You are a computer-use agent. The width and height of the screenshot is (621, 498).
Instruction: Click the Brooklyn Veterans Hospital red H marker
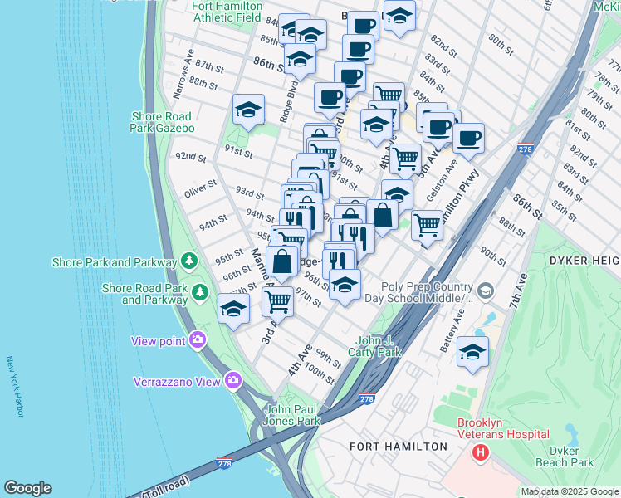[x=480, y=452]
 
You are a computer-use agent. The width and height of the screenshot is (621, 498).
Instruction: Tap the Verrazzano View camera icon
[x=232, y=381]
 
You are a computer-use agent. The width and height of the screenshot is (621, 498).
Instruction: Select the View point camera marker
[x=198, y=339]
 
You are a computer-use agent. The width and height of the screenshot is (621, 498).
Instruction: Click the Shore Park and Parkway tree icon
[x=190, y=261]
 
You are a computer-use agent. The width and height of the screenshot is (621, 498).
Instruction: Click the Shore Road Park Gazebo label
[x=161, y=122]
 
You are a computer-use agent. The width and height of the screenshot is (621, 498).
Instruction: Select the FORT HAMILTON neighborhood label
[x=399, y=447]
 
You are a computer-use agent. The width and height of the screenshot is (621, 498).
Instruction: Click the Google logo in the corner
[x=27, y=487]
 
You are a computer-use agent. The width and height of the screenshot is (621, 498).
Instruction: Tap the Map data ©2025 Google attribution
[x=570, y=491]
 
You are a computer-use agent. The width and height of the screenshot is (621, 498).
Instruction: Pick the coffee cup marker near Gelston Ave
[x=467, y=137]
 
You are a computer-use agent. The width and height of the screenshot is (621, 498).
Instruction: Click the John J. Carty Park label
[x=378, y=346]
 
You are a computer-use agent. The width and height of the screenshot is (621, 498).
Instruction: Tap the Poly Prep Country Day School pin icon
[x=486, y=291]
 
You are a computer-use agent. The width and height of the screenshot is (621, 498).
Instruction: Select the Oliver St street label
[x=200, y=188]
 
